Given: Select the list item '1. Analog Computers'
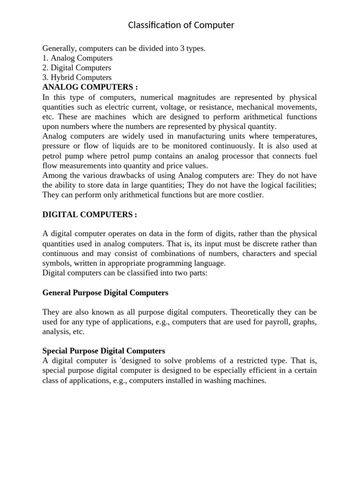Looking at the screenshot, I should click(77, 58).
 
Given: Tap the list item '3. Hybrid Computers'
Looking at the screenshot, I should click(77, 77).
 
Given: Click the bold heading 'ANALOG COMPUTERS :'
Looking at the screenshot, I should click(90, 87).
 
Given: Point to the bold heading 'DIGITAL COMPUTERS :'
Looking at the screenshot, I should click(90, 214).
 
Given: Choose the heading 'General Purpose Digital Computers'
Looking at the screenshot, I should click(105, 292).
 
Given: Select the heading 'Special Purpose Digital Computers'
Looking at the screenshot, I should click(104, 351).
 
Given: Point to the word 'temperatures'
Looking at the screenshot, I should click(294, 136).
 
